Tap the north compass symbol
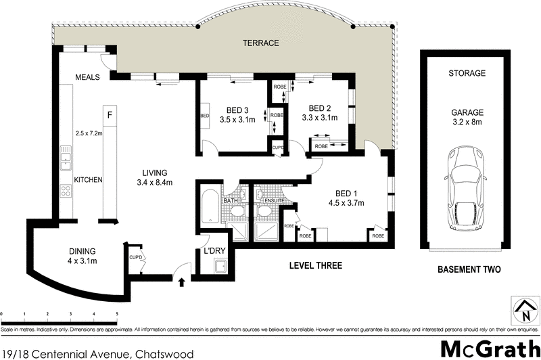point(524,311)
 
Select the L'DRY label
point(214,252)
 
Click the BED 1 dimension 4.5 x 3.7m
point(346,202)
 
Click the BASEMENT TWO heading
point(469,269)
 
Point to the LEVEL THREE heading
point(315,265)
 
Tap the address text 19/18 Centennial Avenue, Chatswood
point(97,353)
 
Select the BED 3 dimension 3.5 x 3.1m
point(237,120)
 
